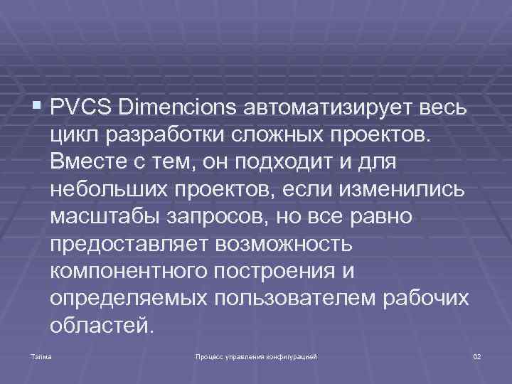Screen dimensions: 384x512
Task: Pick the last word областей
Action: [x=101, y=326]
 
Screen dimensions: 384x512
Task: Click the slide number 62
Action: [x=477, y=354]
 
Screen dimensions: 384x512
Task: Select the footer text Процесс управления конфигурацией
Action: [x=256, y=354]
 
